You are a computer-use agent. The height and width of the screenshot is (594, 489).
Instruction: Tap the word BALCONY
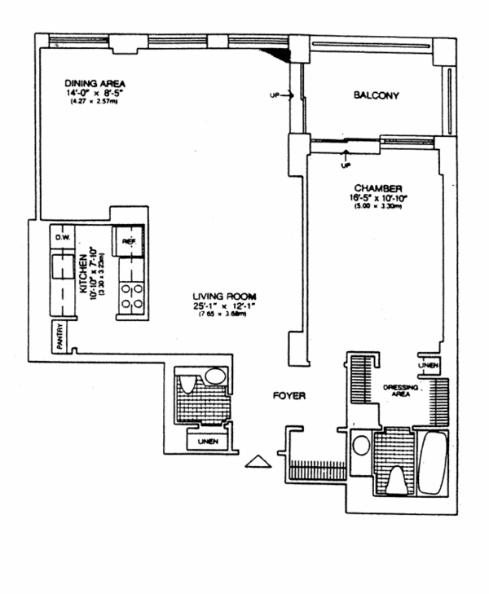[x=376, y=96]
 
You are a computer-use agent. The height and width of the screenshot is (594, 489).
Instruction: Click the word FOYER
[x=289, y=396]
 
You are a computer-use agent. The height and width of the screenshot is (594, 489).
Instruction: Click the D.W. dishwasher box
[x=62, y=237]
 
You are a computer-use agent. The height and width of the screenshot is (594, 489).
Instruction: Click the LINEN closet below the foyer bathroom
[x=207, y=442]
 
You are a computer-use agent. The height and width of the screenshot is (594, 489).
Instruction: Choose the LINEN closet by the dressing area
[x=431, y=365]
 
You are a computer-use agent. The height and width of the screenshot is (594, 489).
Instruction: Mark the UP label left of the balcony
[x=275, y=97]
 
